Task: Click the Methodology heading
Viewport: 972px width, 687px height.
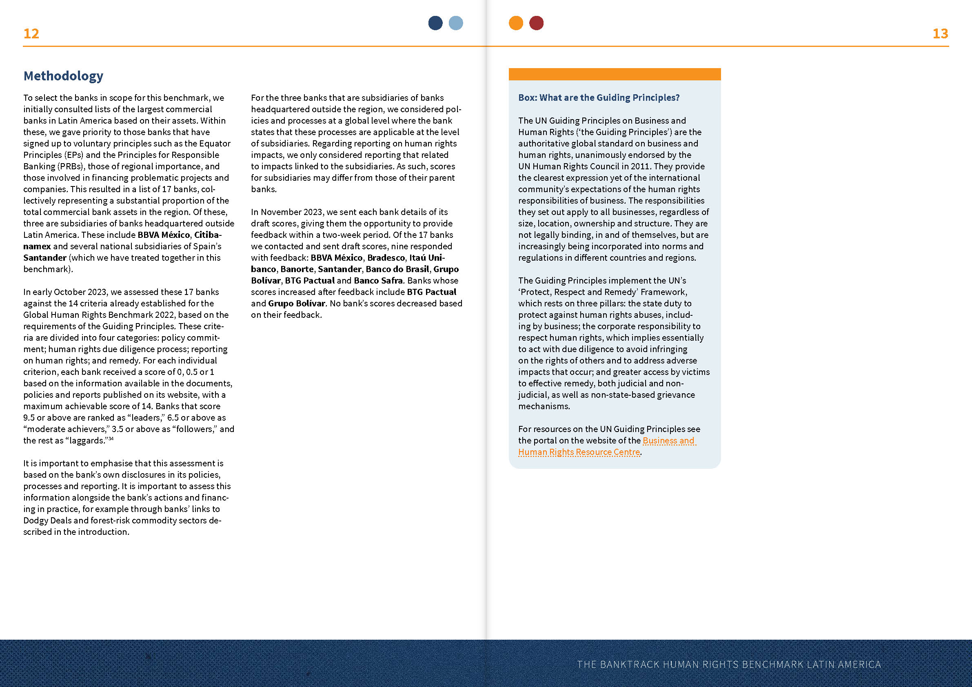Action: tap(63, 76)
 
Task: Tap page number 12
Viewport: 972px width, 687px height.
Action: tap(31, 33)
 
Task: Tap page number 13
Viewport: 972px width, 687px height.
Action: tap(940, 33)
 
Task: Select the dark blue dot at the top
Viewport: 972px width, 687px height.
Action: tap(435, 23)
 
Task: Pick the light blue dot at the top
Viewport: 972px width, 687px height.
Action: tap(455, 23)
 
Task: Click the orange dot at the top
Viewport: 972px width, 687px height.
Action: tap(516, 23)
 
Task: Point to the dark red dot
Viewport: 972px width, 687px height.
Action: tap(536, 23)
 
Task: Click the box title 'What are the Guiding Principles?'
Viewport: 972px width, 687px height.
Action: tap(599, 98)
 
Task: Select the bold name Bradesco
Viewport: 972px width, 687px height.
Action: tap(386, 258)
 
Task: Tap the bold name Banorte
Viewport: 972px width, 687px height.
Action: tap(297, 269)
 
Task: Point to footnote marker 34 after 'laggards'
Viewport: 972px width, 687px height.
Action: tap(111, 439)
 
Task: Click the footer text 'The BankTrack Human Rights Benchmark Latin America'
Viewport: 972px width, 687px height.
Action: tap(728, 664)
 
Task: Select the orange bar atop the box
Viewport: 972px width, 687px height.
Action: tap(614, 74)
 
